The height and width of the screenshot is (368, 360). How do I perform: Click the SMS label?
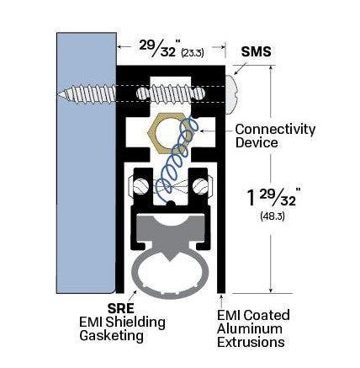pyautogui.click(x=256, y=51)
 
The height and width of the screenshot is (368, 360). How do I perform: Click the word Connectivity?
pyautogui.click(x=275, y=129)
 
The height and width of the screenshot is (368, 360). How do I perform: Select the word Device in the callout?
pyautogui.click(x=257, y=142)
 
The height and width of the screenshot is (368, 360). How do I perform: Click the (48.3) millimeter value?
pyautogui.click(x=273, y=216)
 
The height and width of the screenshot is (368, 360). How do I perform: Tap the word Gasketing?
pyautogui.click(x=111, y=335)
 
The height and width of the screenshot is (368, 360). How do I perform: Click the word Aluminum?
pyautogui.click(x=251, y=328)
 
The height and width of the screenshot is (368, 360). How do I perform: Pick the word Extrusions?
pyautogui.click(x=251, y=343)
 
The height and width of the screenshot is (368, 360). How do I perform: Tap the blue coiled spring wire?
pyautogui.click(x=177, y=164)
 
